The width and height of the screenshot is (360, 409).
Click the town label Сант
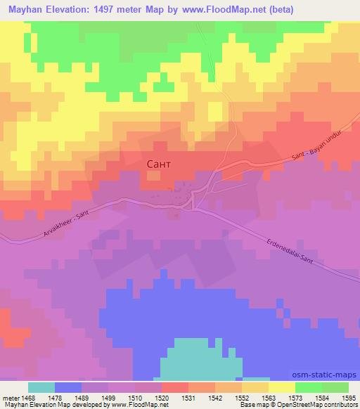(157, 164)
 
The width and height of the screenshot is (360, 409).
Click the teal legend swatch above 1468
(41, 387)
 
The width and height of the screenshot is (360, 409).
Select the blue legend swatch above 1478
(68, 387)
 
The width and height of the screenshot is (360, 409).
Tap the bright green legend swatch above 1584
(309, 387)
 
